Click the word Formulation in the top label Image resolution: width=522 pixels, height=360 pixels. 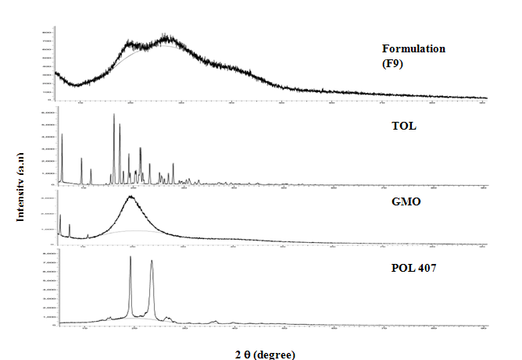[x=413, y=48]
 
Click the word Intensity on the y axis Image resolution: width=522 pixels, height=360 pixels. [x=21, y=201]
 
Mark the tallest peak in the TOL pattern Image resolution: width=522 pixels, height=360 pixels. [x=114, y=115]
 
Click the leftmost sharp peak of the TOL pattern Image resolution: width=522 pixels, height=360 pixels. [x=62, y=135]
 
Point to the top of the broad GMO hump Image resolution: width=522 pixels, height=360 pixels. [x=130, y=197]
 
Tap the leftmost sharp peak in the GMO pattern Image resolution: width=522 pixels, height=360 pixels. [x=60, y=215]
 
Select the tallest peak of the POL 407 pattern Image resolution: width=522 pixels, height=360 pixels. [x=130, y=257]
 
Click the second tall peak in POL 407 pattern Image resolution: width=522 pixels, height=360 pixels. [x=152, y=262]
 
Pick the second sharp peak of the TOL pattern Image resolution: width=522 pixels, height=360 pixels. [x=81, y=159]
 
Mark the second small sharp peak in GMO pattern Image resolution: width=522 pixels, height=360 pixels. [x=70, y=225]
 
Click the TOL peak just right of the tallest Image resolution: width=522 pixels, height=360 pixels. [x=120, y=125]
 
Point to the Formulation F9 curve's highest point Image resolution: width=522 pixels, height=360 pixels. [x=166, y=35]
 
